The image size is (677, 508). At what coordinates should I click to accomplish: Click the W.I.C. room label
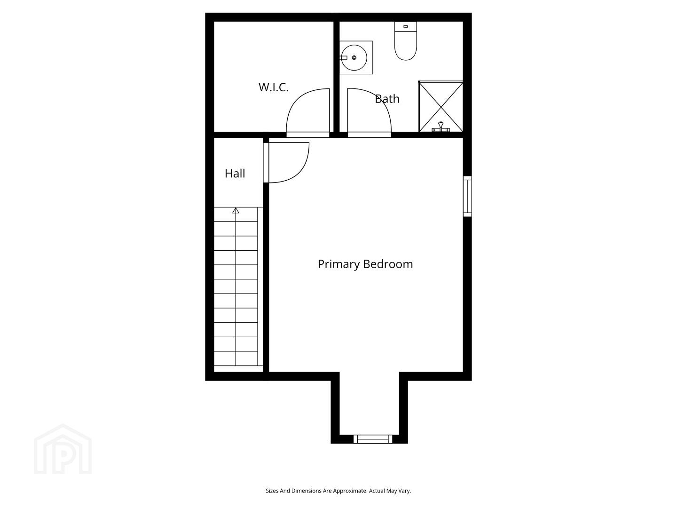pyautogui.click(x=273, y=87)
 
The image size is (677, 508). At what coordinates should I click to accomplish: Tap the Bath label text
pyautogui.click(x=387, y=99)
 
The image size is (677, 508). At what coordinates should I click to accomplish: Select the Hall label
pyautogui.click(x=235, y=174)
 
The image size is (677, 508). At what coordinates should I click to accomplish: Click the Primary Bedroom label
pyautogui.click(x=365, y=264)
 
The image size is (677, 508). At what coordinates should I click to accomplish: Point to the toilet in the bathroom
pyautogui.click(x=406, y=41)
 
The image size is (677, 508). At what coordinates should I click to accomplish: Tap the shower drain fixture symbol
pyautogui.click(x=441, y=127)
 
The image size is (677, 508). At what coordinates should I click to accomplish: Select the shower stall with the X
pyautogui.click(x=441, y=107)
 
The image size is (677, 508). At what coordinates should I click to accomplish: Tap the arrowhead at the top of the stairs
pyautogui.click(x=236, y=211)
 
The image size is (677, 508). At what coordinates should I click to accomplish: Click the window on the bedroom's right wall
pyautogui.click(x=467, y=197)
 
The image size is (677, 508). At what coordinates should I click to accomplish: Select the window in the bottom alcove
pyautogui.click(x=372, y=438)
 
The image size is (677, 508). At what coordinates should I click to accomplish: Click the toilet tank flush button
pyautogui.click(x=406, y=27)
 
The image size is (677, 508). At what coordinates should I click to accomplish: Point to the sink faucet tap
pyautogui.click(x=343, y=58)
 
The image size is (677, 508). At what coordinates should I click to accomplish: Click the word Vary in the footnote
pyautogui.click(x=404, y=491)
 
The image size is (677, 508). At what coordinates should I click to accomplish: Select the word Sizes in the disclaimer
pyautogui.click(x=272, y=491)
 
